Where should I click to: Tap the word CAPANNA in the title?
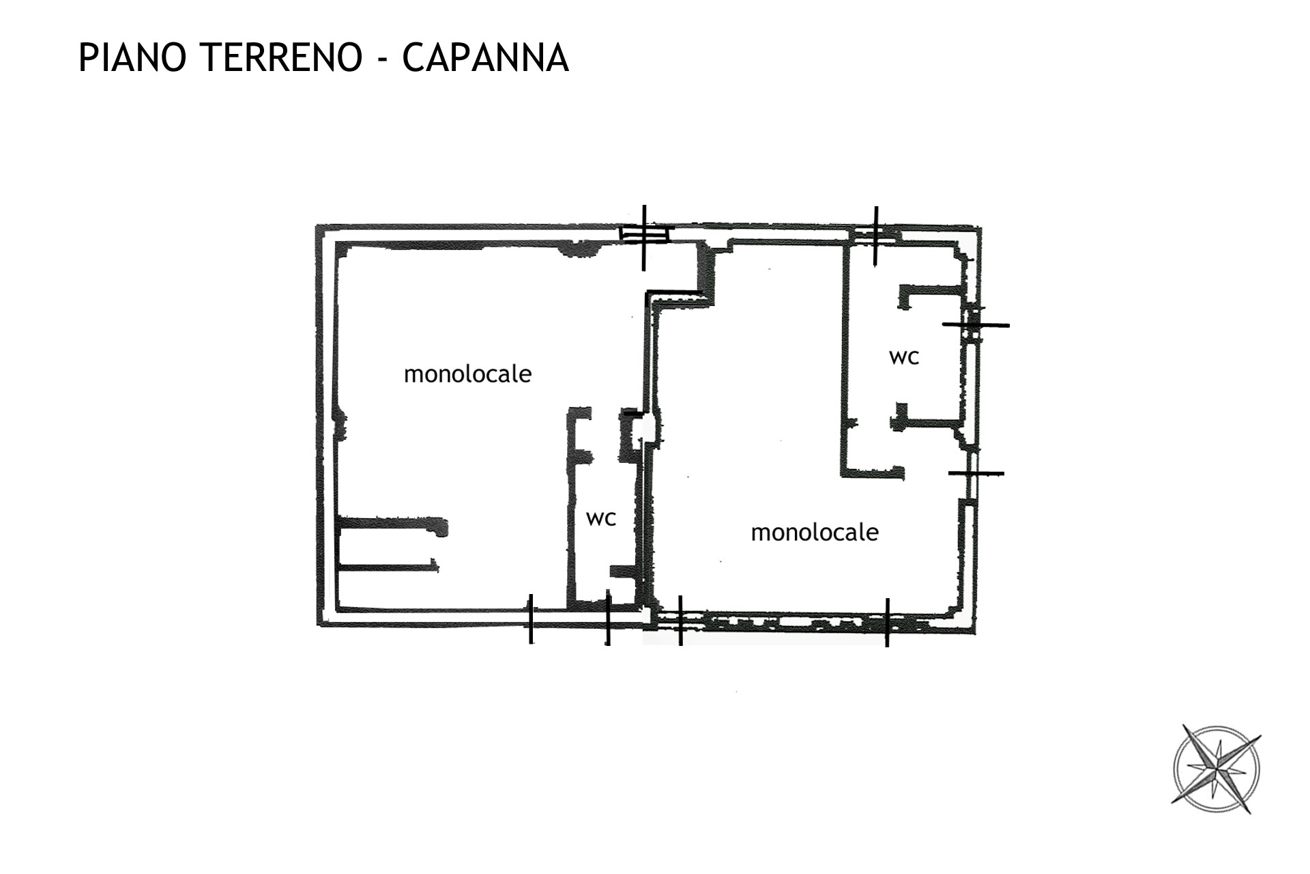pyautogui.click(x=485, y=57)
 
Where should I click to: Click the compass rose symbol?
pyautogui.click(x=1216, y=770)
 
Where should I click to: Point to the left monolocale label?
pyautogui.click(x=467, y=374)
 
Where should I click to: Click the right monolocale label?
pyautogui.click(x=815, y=532)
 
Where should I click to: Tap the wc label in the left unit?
pyautogui.click(x=601, y=519)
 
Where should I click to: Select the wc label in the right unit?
pyautogui.click(x=904, y=357)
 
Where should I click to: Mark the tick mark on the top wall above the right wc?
pyautogui.click(x=876, y=235)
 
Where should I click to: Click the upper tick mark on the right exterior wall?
pyautogui.click(x=976, y=325)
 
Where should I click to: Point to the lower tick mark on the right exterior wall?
pyautogui.click(x=976, y=473)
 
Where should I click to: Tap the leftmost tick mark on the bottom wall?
pyautogui.click(x=531, y=619)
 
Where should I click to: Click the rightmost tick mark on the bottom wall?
pyautogui.click(x=887, y=622)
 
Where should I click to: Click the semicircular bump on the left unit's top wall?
pyautogui.click(x=580, y=251)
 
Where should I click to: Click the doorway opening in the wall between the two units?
pyautogui.click(x=649, y=429)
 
